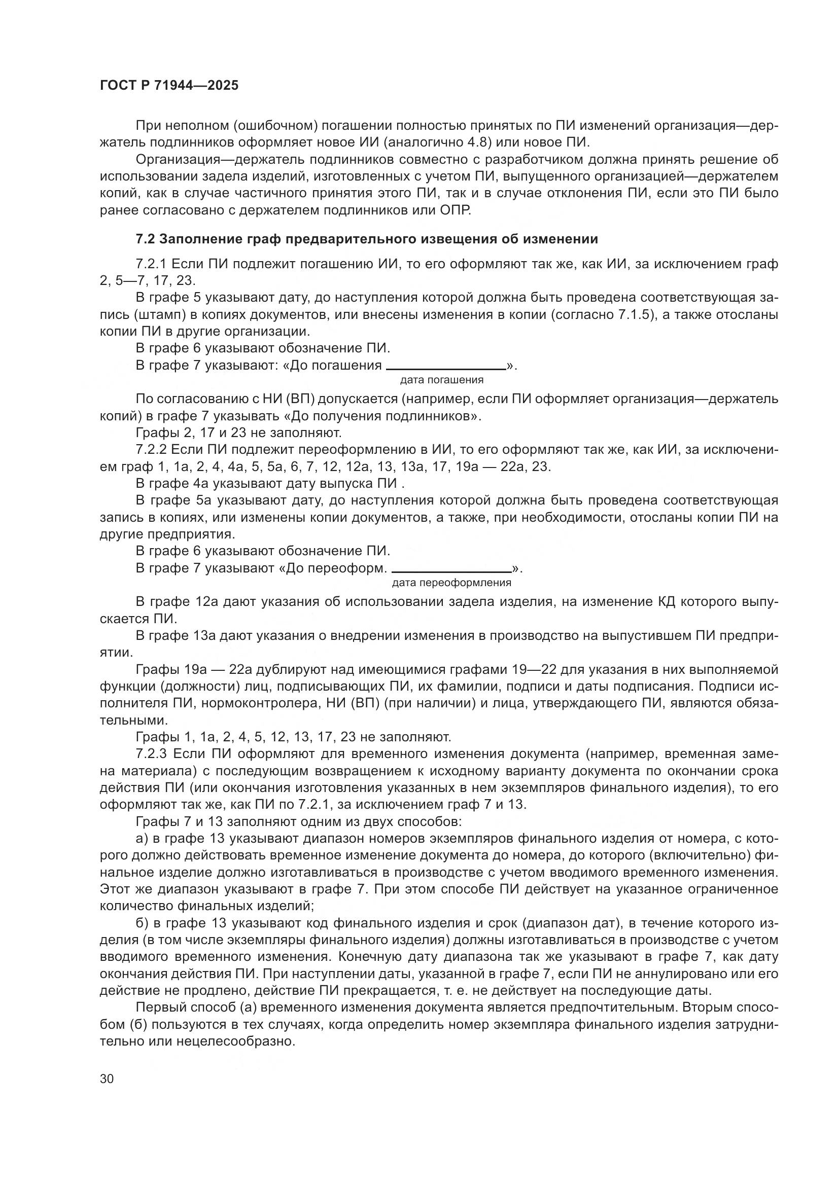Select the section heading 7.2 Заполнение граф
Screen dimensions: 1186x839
367,239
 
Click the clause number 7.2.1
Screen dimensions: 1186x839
150,265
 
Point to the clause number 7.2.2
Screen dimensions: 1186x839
150,449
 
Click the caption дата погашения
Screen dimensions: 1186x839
442,380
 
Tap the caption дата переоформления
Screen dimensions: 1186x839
451,583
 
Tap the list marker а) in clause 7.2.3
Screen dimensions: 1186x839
142,838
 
